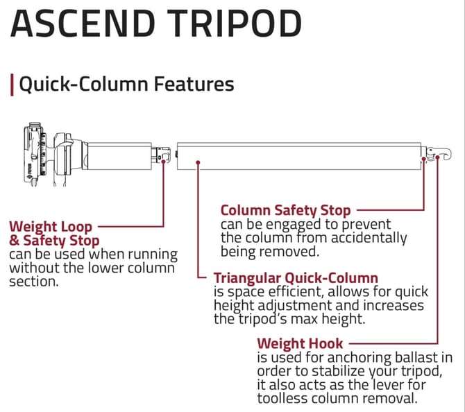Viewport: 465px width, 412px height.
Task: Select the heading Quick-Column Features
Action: (x=126, y=84)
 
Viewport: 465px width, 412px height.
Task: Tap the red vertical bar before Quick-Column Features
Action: (x=11, y=85)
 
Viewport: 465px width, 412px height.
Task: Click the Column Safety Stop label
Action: (x=285, y=209)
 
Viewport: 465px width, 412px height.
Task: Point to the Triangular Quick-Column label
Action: (x=296, y=277)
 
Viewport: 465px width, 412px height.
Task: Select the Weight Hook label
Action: (x=299, y=343)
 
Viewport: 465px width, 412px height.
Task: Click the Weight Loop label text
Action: (x=50, y=226)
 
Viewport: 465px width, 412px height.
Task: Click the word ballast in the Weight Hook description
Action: (x=417, y=359)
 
